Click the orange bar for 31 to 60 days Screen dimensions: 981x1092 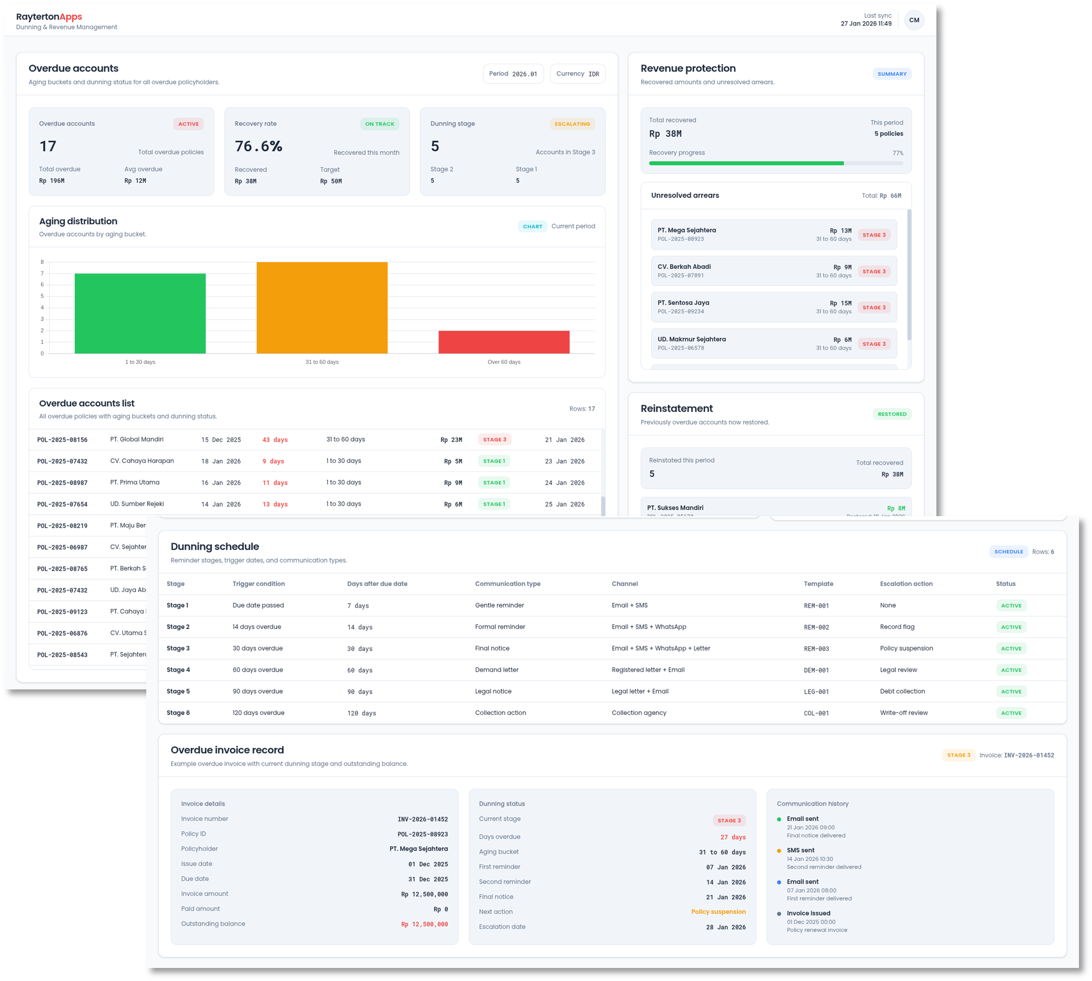coord(322,308)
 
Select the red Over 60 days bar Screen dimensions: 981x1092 coord(504,342)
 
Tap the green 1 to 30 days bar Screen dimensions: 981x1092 coord(140,313)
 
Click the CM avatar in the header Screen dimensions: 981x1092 coord(914,20)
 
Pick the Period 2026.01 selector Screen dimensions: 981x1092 coord(513,74)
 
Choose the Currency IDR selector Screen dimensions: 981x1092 coord(577,74)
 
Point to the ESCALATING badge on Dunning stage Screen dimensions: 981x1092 coord(572,124)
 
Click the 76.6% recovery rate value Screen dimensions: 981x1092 coord(259,146)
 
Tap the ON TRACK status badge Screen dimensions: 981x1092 coord(379,124)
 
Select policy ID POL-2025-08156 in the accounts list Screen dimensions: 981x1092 coord(62,440)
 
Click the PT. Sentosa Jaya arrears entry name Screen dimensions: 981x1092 coord(683,303)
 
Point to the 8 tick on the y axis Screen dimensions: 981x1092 coord(42,262)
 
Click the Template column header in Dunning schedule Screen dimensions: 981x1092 coord(818,584)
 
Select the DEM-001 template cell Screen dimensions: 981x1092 coord(816,670)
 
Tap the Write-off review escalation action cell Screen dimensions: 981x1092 coord(903,713)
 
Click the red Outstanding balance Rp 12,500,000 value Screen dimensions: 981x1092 coord(424,924)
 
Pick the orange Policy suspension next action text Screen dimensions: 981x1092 coord(718,912)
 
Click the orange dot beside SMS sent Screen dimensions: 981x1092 coord(779,851)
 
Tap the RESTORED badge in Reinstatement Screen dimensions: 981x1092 coord(892,414)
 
